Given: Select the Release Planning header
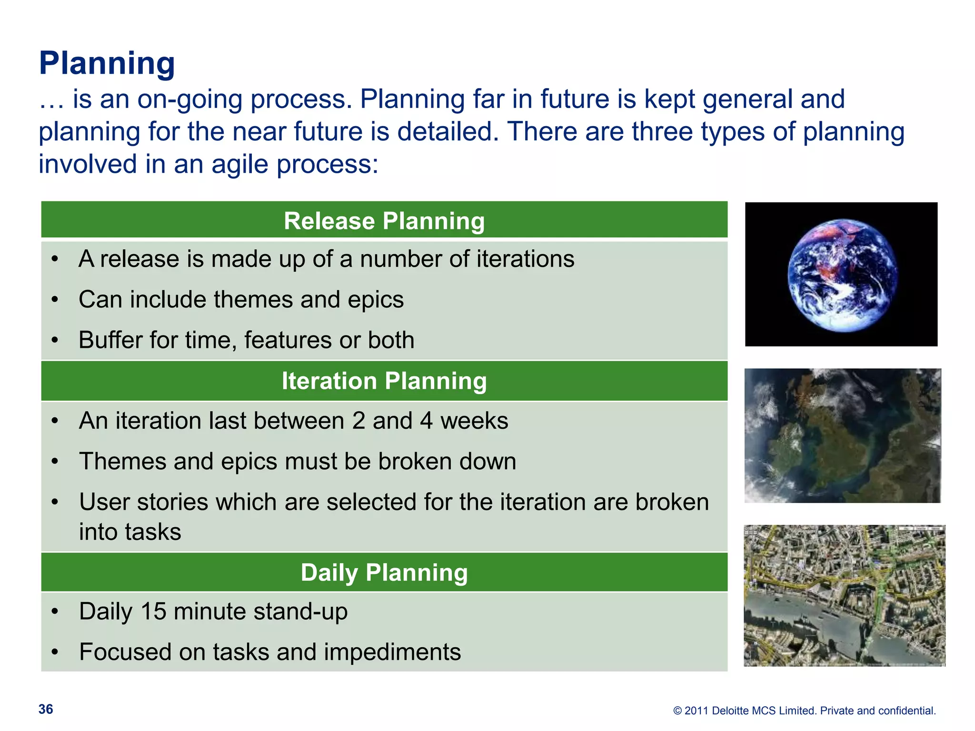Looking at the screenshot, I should click(x=384, y=221).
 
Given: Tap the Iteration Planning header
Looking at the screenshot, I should click(x=384, y=381).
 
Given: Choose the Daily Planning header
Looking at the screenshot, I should click(x=384, y=572).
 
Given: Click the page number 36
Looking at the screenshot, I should click(x=46, y=709).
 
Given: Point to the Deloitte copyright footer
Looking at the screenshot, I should click(x=804, y=711).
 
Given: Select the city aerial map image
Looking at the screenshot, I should click(x=844, y=595).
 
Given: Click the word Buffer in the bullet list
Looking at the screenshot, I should click(x=110, y=340).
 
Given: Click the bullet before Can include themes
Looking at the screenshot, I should click(x=55, y=300).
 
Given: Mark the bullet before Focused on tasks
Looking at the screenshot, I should click(x=55, y=652).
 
